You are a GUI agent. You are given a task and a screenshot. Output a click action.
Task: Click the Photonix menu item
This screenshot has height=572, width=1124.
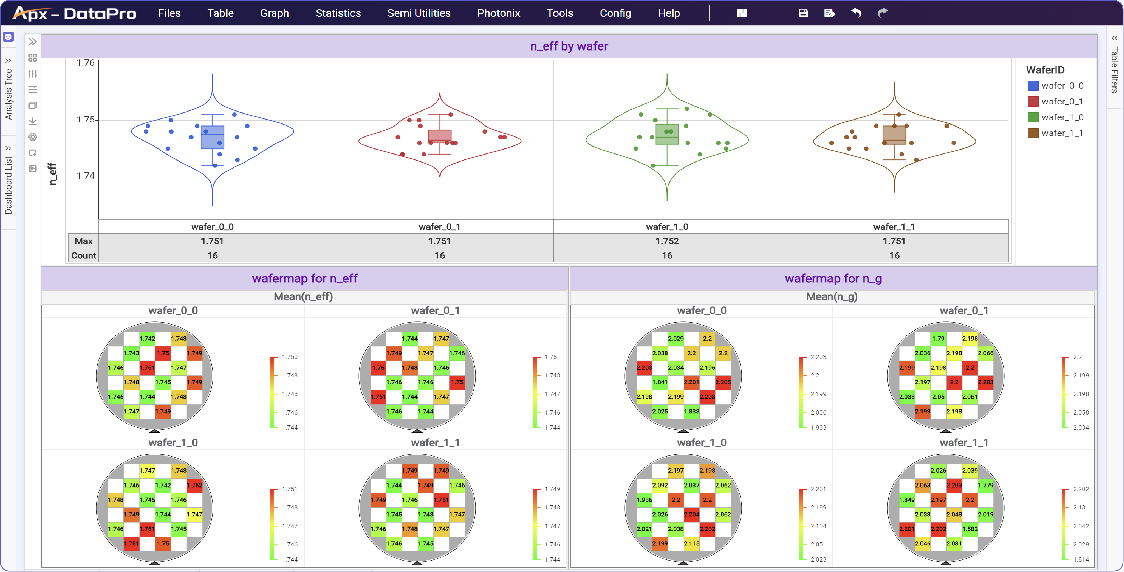click(498, 13)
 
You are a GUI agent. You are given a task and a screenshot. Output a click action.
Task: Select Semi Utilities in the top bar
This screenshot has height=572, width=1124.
click(419, 13)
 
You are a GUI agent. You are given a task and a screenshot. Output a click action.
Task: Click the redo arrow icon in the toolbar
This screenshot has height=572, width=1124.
click(882, 13)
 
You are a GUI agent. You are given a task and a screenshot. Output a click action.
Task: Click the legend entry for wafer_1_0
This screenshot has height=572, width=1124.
click(1062, 117)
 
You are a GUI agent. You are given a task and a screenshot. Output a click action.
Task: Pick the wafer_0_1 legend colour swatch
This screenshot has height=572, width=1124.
click(1032, 102)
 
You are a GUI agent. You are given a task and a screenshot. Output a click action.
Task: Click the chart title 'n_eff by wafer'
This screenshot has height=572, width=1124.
click(569, 46)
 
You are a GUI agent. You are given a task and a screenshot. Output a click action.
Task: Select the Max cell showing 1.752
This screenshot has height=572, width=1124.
click(667, 241)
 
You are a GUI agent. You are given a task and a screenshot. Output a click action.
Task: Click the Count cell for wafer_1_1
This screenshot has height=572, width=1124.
click(894, 256)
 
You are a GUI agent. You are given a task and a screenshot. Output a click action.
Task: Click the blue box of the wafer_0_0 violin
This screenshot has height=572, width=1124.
click(212, 137)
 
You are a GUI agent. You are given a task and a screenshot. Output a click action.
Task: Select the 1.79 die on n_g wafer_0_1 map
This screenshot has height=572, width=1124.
click(938, 339)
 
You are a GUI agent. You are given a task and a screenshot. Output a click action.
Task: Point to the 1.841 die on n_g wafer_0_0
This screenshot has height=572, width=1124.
click(660, 382)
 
